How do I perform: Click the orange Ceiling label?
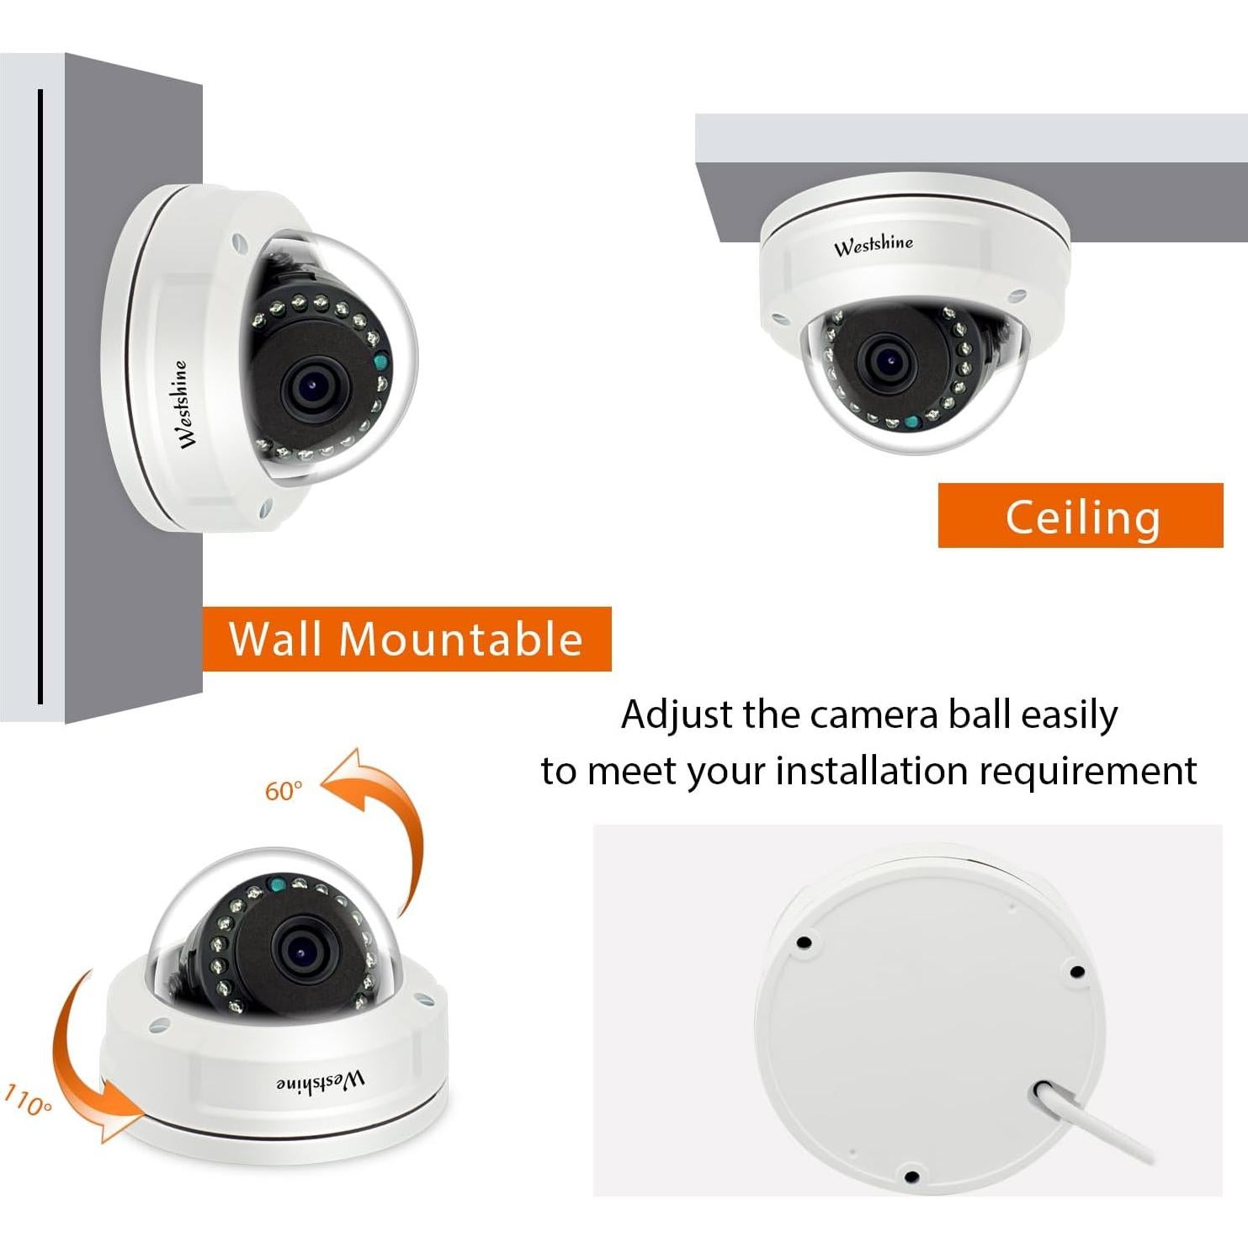click(1081, 516)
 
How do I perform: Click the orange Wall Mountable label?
click(406, 639)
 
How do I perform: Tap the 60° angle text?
click(283, 791)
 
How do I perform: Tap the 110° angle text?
click(28, 1101)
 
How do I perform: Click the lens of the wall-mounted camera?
click(312, 388)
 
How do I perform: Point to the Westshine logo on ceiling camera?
click(873, 245)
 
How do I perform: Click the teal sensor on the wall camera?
click(380, 364)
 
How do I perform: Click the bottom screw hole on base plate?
click(911, 1176)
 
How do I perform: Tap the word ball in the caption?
click(979, 714)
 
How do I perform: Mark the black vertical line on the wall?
click(40, 396)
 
